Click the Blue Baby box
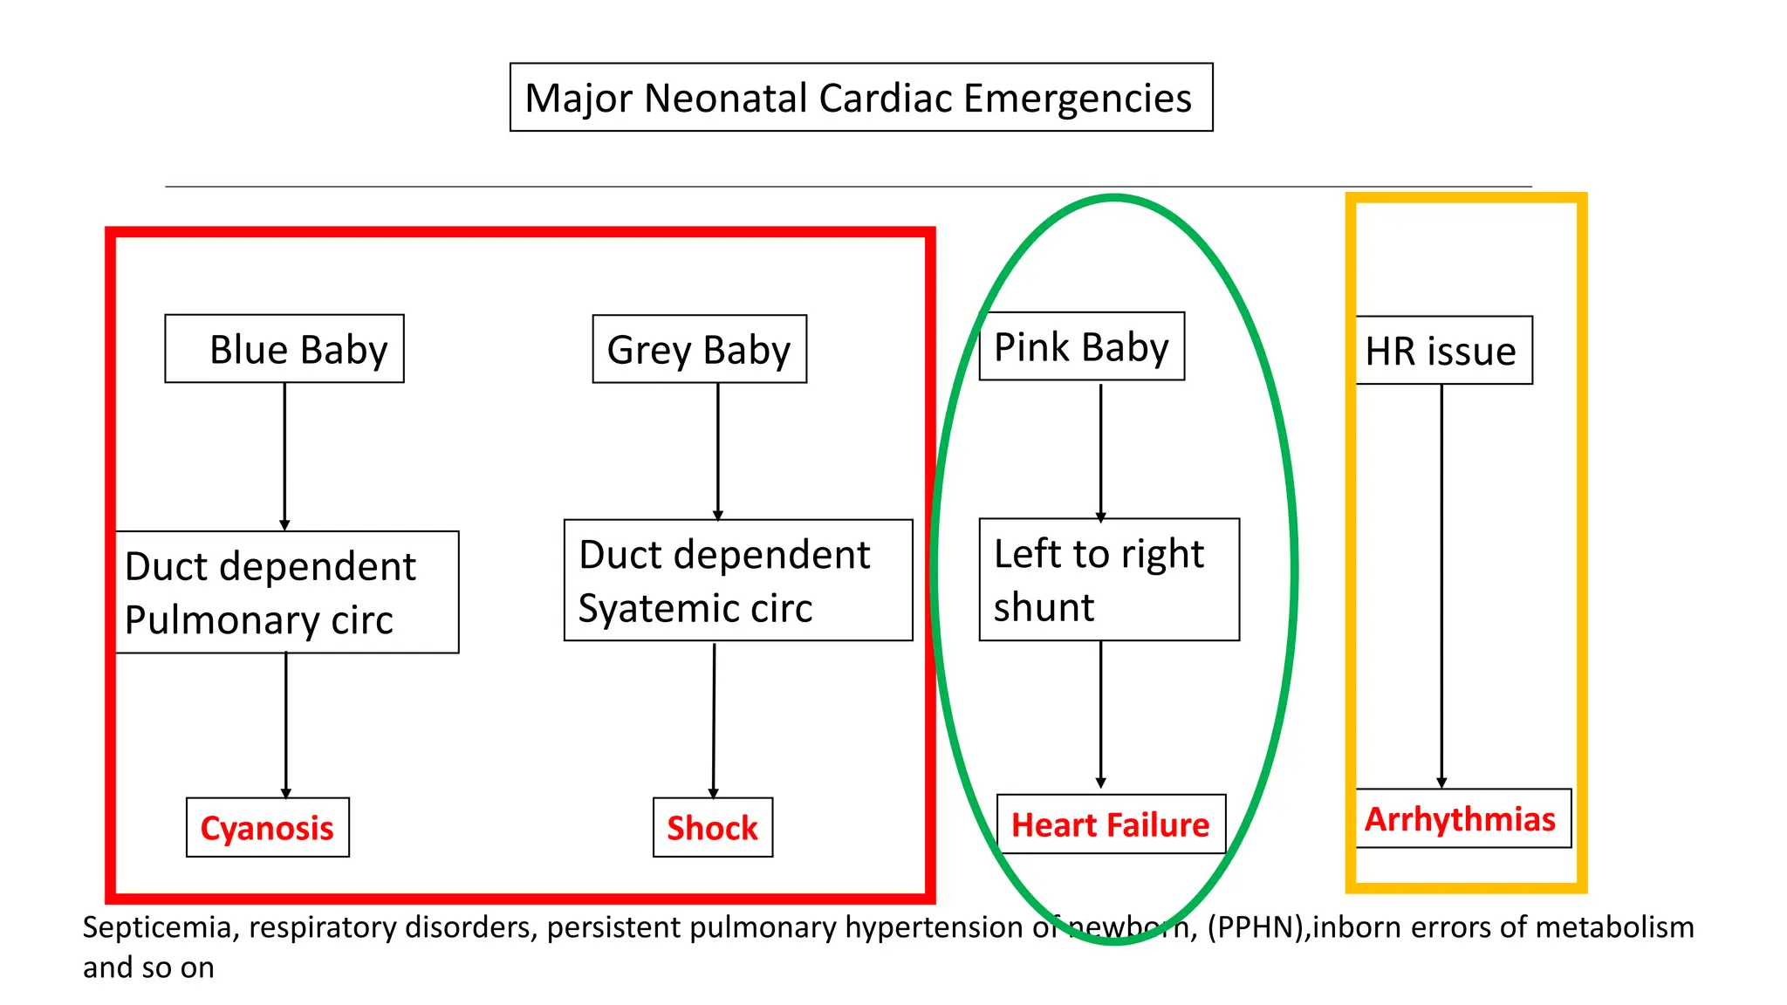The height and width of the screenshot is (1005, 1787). click(x=284, y=349)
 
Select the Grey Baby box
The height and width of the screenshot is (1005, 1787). click(x=699, y=349)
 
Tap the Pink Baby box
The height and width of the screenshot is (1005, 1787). click(x=1081, y=346)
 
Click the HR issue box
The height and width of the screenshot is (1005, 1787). click(x=1443, y=351)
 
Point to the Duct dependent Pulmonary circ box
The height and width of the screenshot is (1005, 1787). click(x=286, y=592)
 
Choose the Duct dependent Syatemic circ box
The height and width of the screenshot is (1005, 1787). click(x=737, y=581)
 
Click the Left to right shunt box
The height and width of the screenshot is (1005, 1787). click(x=1108, y=580)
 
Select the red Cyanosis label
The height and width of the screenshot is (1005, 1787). click(x=267, y=828)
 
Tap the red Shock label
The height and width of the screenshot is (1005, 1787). click(x=712, y=828)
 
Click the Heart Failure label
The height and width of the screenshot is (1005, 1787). click(x=1110, y=824)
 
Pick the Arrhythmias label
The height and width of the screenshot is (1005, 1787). click(x=1461, y=819)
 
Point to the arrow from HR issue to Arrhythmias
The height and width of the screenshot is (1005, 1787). click(x=1441, y=585)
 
